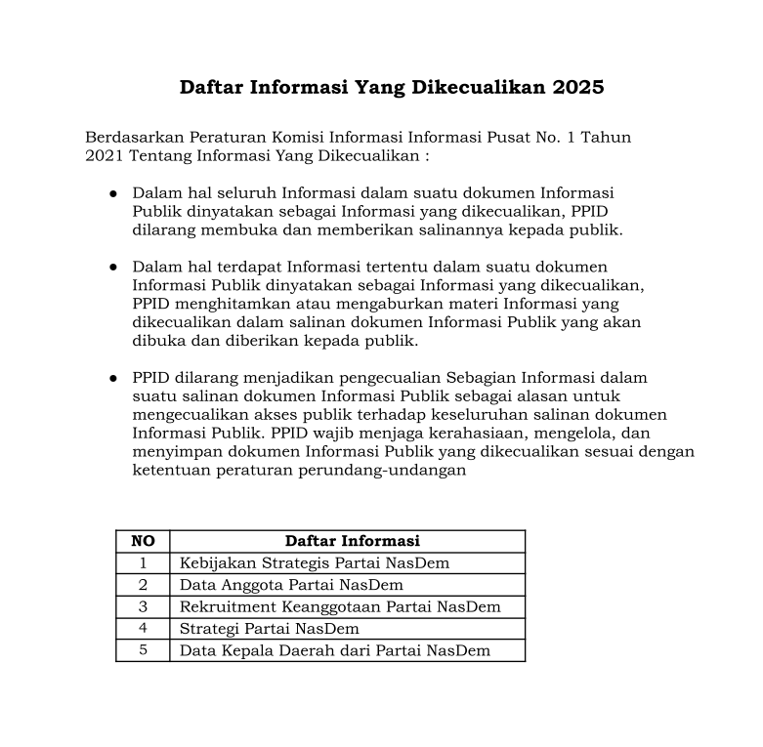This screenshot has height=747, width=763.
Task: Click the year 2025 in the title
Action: tap(577, 87)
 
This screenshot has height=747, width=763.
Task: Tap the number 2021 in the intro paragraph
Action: tap(105, 155)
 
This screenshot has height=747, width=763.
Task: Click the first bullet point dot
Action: tap(113, 193)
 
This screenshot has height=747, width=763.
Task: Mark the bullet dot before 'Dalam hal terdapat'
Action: tap(113, 267)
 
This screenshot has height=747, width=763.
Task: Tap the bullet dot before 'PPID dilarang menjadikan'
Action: tap(113, 377)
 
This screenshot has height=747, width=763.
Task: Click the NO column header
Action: tap(143, 541)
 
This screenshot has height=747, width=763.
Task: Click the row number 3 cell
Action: tap(143, 606)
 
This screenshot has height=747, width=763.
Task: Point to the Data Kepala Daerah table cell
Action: tap(335, 650)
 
